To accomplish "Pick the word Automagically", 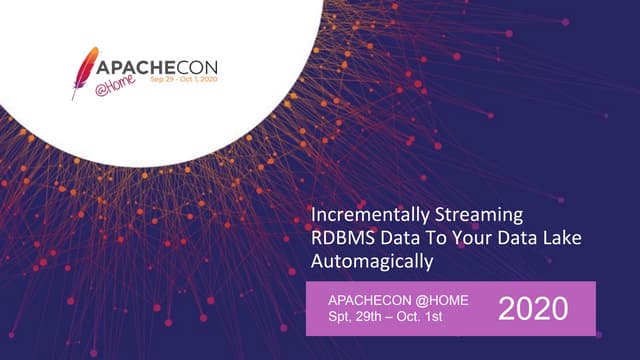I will coord(372,262).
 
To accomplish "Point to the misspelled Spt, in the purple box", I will coord(342,318).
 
